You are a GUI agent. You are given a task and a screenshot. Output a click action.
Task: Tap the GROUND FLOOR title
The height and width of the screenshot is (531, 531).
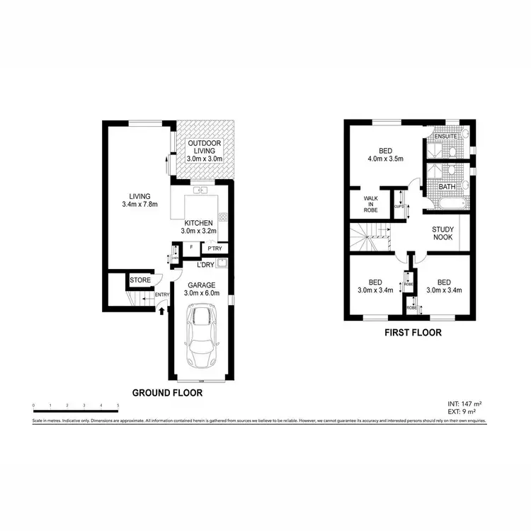coord(168,392)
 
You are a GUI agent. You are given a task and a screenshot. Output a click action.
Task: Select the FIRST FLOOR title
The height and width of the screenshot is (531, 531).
coord(413,332)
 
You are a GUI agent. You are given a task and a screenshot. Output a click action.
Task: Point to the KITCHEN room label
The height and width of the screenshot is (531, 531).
coord(198,223)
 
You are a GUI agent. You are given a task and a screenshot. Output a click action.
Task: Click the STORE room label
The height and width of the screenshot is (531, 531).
coord(139,280)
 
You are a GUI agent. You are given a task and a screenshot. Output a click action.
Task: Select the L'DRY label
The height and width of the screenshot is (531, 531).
coord(206,265)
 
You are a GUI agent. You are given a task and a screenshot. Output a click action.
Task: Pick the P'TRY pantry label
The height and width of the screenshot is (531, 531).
coord(215,248)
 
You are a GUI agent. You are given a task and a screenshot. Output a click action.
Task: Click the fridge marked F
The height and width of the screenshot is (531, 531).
coord(191,247)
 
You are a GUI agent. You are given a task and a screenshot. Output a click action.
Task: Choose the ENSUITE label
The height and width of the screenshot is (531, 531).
coord(445,136)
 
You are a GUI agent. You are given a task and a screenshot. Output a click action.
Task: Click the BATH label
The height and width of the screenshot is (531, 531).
coord(446,187)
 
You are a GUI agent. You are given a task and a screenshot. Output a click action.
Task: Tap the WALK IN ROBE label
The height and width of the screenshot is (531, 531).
coord(371,204)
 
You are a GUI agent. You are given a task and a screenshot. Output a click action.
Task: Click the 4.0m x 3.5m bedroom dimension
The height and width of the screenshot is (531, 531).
coord(386,158)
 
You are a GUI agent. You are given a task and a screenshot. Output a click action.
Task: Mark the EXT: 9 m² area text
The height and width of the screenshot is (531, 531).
coord(464,411)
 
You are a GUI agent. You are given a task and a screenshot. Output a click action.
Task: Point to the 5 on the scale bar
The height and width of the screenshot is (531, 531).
coord(118,405)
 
